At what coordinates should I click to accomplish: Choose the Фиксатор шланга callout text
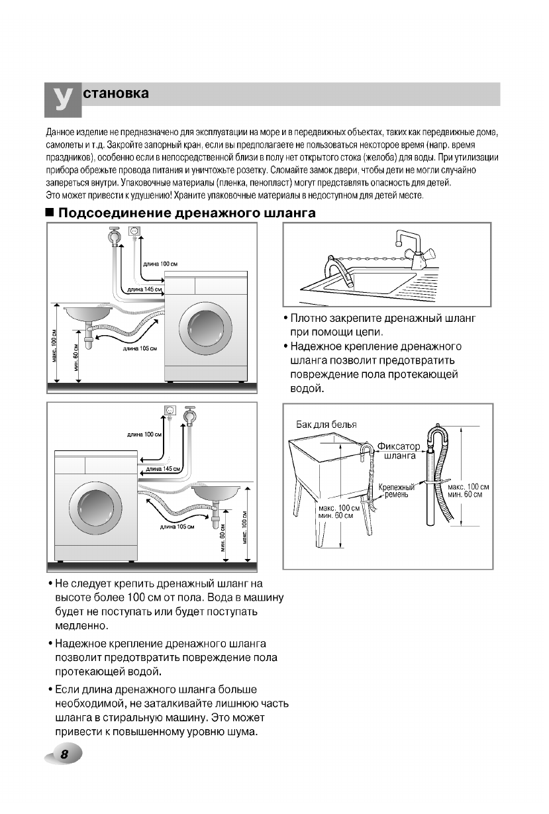[x=398, y=450]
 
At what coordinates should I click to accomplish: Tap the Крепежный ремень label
[x=397, y=491]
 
